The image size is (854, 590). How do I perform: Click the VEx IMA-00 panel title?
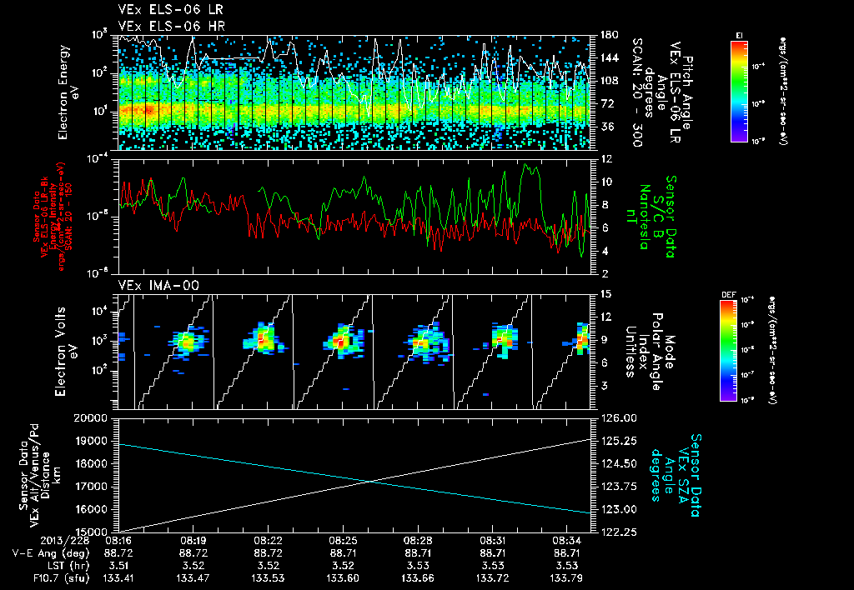(x=150, y=285)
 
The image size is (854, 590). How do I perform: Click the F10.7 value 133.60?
(x=355, y=577)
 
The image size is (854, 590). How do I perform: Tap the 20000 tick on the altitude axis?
(x=100, y=418)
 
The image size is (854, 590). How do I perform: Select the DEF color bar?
(x=728, y=350)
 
